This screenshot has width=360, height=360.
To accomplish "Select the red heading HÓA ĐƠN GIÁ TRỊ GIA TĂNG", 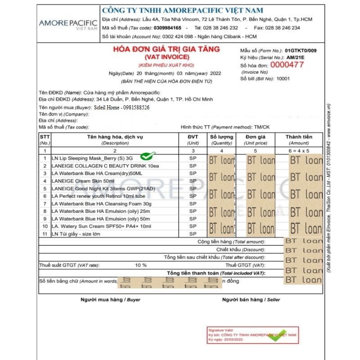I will point(166,49).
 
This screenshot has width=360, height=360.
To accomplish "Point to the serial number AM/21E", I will point(296,58).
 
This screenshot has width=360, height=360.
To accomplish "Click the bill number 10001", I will point(283,79).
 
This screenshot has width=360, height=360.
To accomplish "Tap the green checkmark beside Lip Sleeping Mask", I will point(148,156).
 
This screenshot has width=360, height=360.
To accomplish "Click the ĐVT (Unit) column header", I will point(193,137).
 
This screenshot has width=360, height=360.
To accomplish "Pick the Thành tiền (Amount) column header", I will point(299,137).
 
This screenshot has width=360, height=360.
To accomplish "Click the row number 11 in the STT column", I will point(45,234).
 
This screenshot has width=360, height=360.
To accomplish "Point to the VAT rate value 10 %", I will point(141,265).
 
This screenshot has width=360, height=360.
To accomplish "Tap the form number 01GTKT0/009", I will point(301,50).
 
